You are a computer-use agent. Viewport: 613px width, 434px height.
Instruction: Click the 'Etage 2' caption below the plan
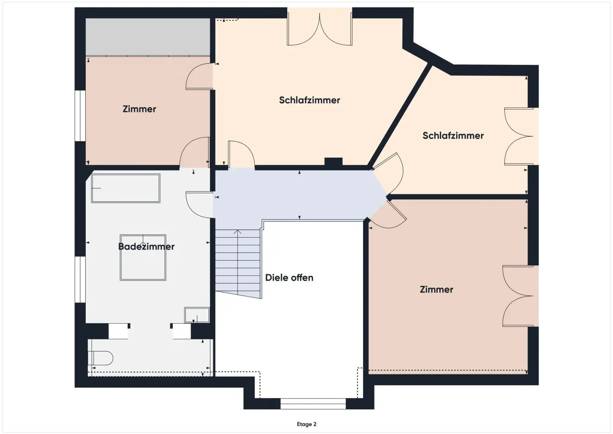(306, 424)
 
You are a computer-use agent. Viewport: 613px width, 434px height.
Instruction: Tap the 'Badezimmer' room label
(146, 247)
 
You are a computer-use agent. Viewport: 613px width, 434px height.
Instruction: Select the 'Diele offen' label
(289, 278)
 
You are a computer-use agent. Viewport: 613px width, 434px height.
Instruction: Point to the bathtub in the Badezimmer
(126, 188)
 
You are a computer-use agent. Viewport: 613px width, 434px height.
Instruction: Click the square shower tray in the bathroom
(143, 257)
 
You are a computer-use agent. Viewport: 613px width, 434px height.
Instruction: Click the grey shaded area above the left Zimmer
(148, 36)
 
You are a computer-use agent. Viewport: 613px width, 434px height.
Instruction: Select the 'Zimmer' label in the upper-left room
(139, 109)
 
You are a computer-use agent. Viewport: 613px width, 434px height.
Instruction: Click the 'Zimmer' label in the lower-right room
(436, 290)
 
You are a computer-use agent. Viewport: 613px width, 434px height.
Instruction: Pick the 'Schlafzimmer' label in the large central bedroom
(309, 100)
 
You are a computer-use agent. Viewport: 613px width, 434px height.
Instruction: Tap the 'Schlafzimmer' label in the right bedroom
(453, 136)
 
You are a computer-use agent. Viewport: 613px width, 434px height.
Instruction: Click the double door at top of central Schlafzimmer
(320, 29)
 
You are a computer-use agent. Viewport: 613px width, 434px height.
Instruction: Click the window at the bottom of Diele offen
(313, 404)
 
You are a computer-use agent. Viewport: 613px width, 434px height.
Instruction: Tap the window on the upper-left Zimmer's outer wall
(80, 116)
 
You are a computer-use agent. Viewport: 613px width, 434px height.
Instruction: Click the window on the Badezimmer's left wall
(80, 279)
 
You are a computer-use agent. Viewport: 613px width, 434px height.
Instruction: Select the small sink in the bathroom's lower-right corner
(196, 315)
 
